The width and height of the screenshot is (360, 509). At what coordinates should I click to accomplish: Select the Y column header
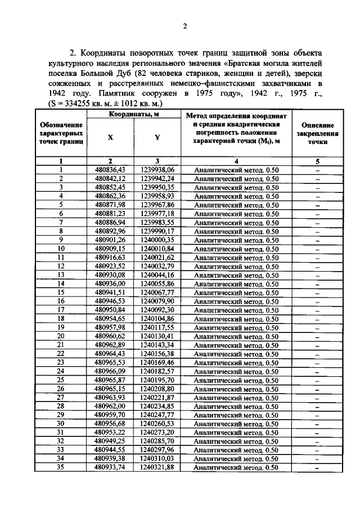(x=157, y=137)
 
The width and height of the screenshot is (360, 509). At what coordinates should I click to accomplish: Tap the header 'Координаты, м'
(x=133, y=115)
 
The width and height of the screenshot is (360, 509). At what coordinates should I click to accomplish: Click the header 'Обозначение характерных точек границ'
(x=61, y=134)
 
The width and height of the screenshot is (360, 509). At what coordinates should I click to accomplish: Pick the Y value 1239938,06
(x=157, y=169)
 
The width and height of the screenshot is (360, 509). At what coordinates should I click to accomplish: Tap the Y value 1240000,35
(x=157, y=240)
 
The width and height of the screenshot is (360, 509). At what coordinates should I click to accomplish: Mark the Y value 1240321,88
(x=157, y=467)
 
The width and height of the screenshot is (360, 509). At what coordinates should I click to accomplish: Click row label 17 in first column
(x=61, y=310)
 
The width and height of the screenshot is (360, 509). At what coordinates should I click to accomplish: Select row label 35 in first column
(x=61, y=467)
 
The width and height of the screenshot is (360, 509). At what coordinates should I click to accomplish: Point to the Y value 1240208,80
(x=157, y=389)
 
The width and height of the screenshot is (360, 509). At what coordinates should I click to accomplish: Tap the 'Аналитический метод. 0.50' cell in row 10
(x=236, y=249)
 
